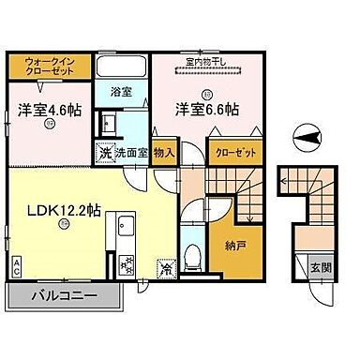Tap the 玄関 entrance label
point(321,268)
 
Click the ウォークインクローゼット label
point(49,67)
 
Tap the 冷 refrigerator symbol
point(166,268)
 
